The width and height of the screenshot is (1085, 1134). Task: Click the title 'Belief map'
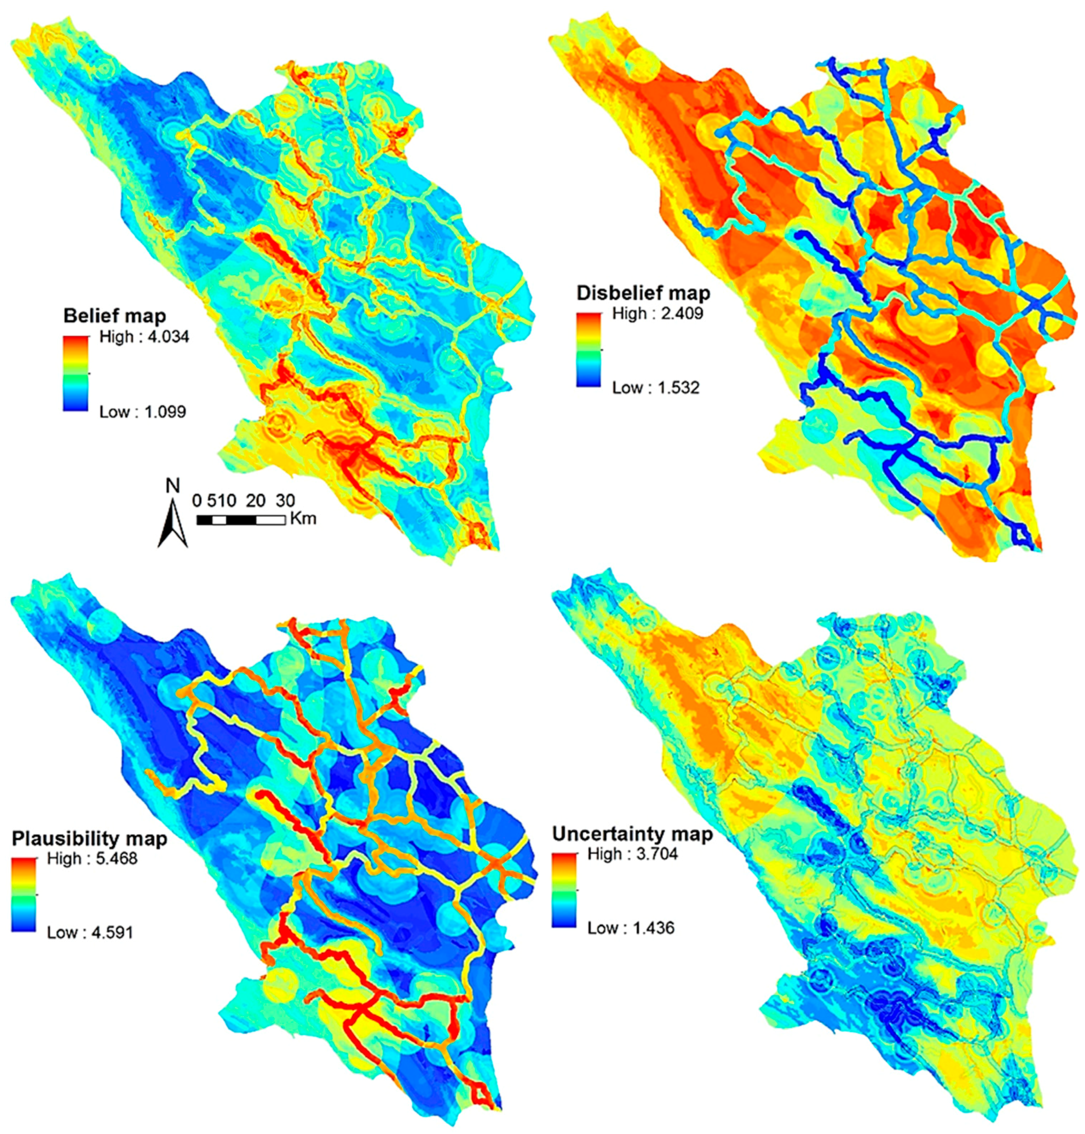tap(114, 316)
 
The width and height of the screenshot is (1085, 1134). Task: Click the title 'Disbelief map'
tap(643, 293)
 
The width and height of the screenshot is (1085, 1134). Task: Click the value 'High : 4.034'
tap(144, 337)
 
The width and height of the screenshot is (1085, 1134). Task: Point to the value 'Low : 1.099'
tap(142, 412)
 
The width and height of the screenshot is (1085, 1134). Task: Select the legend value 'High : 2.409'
tap(658, 314)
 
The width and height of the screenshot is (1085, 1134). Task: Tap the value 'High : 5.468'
tap(92, 858)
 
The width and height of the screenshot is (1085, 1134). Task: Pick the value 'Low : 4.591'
tap(90, 933)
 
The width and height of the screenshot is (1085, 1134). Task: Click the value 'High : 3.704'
tap(632, 854)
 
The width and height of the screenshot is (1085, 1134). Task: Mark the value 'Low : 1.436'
tap(630, 928)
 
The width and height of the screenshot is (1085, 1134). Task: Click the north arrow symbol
tap(172, 523)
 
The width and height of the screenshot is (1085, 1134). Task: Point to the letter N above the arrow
tap(172, 485)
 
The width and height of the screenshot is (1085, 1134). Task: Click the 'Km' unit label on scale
tap(303, 518)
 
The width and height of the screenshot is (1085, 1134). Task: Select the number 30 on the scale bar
tap(285, 500)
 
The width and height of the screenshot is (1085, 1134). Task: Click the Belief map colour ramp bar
tap(75, 374)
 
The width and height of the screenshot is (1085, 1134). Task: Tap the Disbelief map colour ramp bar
tap(588, 350)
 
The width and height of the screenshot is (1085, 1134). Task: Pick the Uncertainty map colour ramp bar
tap(564, 890)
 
